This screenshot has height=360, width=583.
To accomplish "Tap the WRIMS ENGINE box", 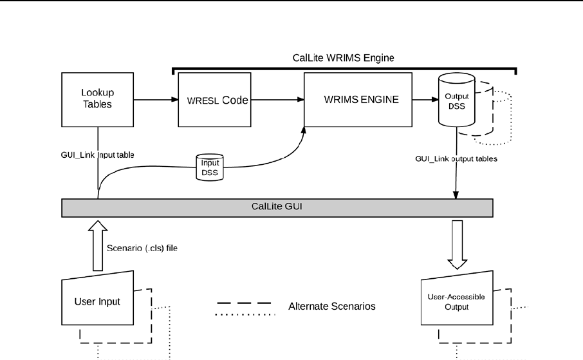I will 356,100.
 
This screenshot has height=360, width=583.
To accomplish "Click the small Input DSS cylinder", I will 210,166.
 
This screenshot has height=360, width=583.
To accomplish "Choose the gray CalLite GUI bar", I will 277,207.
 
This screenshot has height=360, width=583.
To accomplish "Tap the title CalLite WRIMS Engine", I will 343,57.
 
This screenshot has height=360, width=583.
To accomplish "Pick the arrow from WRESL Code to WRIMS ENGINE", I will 276,100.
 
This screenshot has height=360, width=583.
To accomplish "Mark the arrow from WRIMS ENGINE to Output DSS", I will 423,100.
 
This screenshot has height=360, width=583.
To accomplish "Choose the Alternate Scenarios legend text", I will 331,307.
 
